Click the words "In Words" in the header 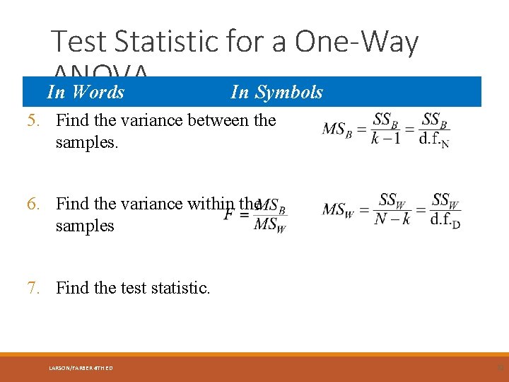86,92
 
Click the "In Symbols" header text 276,92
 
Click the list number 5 33,120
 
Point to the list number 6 33,204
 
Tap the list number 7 33,288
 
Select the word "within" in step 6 213,204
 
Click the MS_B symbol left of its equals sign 337,129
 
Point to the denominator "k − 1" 385,138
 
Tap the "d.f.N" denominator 434,139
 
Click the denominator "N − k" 392,219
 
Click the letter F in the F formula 229,214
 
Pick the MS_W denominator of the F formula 270,226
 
